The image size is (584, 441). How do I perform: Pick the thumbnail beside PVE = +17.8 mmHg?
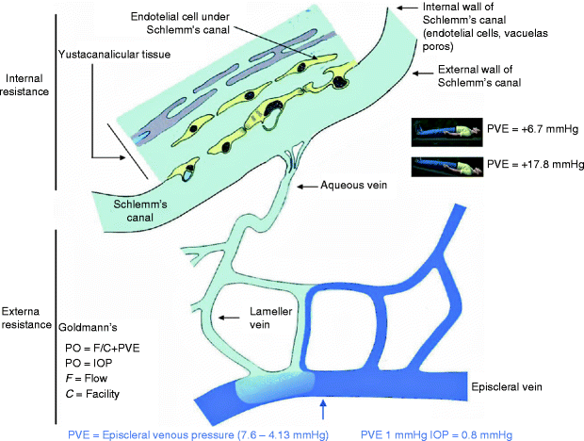click(446, 167)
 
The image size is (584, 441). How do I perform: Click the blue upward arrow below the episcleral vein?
click(323, 410)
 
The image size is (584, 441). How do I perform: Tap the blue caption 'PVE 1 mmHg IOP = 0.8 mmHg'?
click(437, 433)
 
